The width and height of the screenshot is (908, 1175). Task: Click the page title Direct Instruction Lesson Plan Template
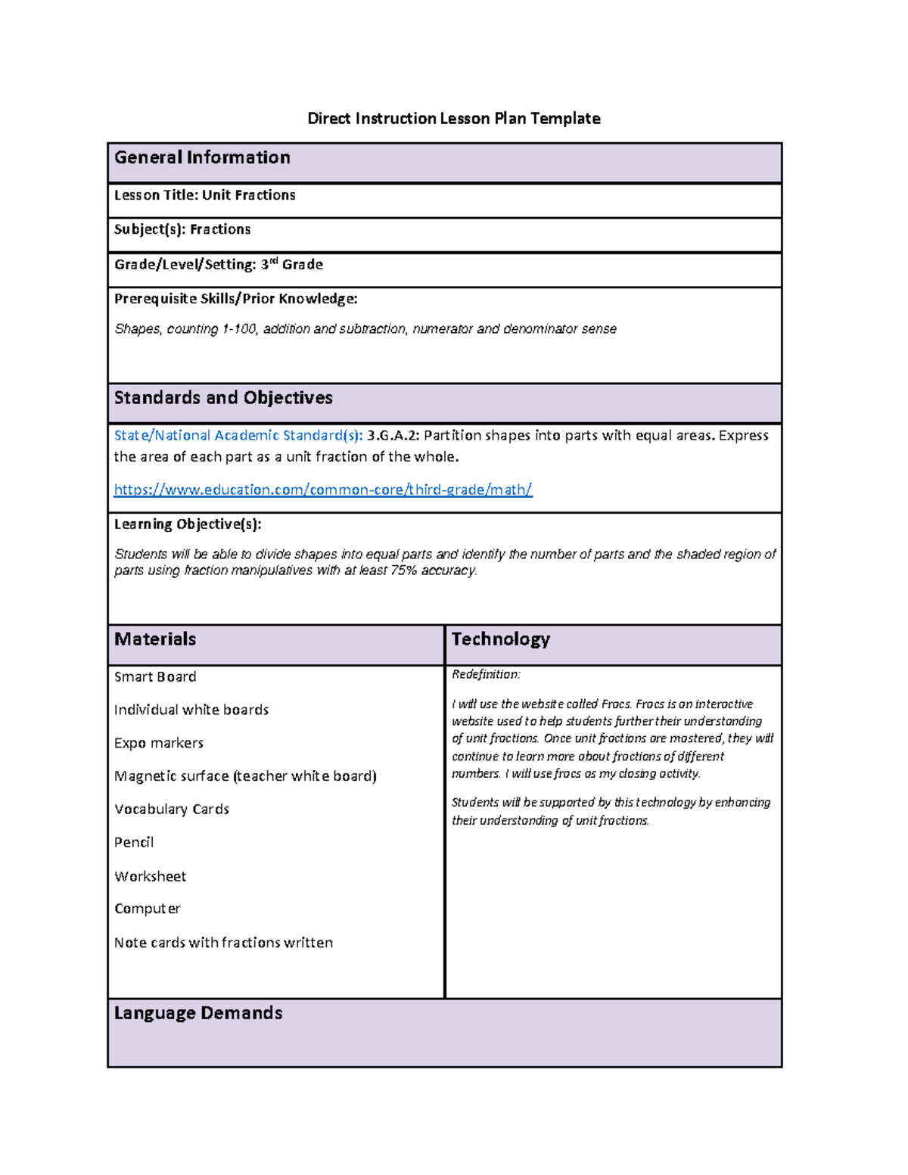point(453,118)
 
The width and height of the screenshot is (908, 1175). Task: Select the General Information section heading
point(202,157)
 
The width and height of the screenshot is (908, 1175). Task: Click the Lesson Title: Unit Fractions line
point(204,195)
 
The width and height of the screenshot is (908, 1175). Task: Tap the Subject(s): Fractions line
point(182,229)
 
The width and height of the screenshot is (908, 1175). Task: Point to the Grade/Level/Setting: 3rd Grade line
point(218,264)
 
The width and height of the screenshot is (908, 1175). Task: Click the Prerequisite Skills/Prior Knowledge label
point(235,299)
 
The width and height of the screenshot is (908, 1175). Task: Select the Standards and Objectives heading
point(223,398)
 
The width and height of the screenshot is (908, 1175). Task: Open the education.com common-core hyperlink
point(323,490)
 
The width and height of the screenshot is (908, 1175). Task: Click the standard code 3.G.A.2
point(393,436)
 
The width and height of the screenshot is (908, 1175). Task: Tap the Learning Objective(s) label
point(188,524)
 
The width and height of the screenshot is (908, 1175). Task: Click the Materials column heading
point(155,639)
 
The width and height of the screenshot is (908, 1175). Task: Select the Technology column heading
point(500,639)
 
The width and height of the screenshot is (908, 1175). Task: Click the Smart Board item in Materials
point(155,677)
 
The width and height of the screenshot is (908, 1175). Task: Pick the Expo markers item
point(159,743)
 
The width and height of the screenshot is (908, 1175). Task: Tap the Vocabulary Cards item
point(172,810)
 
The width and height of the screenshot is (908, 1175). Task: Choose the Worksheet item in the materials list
point(150,876)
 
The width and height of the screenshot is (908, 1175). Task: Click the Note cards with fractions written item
point(223,943)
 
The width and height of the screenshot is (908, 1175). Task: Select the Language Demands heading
point(198,1013)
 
